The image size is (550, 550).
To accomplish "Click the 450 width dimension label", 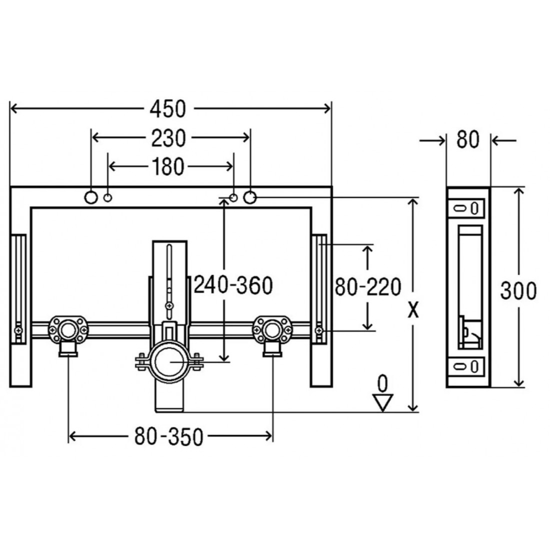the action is (x=167, y=109).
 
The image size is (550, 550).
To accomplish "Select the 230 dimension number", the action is (x=168, y=138).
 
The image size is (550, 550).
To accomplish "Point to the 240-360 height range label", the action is (x=233, y=285).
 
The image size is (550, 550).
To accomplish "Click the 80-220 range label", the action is (x=367, y=286).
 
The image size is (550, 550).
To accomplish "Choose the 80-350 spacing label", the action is (x=168, y=436).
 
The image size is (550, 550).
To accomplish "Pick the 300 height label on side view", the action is (x=518, y=291).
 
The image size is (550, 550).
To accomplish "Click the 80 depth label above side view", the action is (x=467, y=140).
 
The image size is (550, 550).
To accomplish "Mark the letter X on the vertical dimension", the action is (x=413, y=310).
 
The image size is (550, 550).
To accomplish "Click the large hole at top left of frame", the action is (x=91, y=197).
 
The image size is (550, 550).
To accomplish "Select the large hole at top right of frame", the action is (x=249, y=197).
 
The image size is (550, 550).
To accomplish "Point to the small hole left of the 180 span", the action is (x=107, y=198).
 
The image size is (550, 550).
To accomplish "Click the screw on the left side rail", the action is (x=18, y=330).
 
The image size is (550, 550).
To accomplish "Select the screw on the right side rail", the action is (x=319, y=330).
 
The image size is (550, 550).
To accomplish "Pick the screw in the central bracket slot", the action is (x=169, y=306).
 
